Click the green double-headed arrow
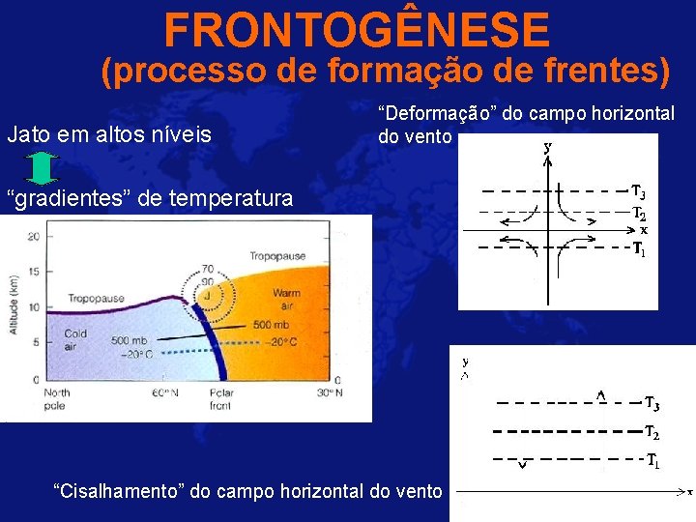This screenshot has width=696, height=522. click(41, 168)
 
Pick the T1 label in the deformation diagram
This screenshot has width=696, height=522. click(639, 250)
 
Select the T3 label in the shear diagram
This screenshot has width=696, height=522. click(652, 403)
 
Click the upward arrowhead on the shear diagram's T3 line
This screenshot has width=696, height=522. click(600, 396)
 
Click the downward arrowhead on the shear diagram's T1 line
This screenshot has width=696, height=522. click(523, 465)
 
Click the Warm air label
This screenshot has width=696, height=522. click(286, 299)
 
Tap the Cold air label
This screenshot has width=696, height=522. click(74, 339)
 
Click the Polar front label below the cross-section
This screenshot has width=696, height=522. click(221, 398)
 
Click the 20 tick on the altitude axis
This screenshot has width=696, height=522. click(33, 236)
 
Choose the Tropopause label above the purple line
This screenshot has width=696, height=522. click(277, 256)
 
